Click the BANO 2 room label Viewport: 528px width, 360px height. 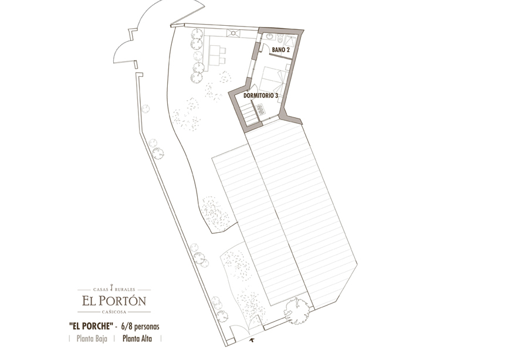coord(281,50)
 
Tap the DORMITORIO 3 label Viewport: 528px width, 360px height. coord(261,96)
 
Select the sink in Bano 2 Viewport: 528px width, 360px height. coord(269,36)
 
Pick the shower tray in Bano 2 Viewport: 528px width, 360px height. coord(290,40)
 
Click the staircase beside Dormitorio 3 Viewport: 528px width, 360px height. coord(250,114)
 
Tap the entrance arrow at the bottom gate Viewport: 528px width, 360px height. coord(252,341)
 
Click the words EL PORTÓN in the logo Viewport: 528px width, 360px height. coord(114,300)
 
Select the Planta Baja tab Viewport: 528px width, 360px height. coord(92,338)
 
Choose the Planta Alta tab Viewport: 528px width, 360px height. coord(137,338)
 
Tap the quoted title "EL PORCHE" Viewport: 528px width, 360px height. coord(91,326)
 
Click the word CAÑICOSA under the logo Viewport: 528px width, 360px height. coord(114,312)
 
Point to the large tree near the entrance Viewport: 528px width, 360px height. coord(297,310)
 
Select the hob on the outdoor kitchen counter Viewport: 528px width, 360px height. coord(233,33)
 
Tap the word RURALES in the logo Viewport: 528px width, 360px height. coord(125,289)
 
